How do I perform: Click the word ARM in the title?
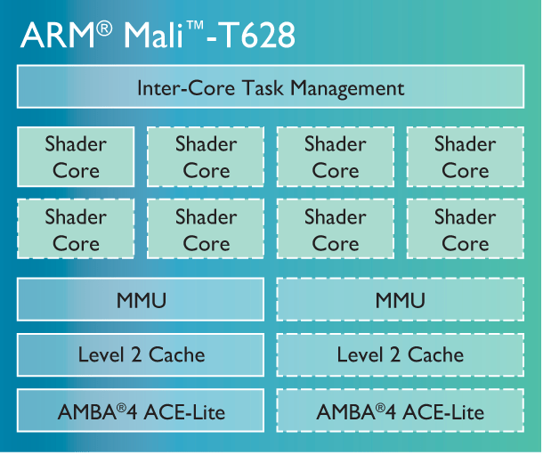(x=58, y=35)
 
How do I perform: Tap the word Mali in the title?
(x=153, y=35)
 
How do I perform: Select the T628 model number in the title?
(x=256, y=35)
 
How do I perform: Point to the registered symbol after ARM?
(x=104, y=28)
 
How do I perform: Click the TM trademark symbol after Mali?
(x=195, y=26)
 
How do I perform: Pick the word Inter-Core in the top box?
(x=186, y=88)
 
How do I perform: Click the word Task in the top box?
(x=263, y=88)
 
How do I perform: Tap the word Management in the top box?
(x=347, y=89)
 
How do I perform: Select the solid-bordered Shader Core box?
(x=76, y=157)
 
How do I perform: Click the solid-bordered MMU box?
(x=141, y=299)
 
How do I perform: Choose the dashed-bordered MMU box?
(x=401, y=299)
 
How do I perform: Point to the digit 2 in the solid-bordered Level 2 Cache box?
(x=136, y=355)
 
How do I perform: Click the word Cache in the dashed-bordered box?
(x=435, y=354)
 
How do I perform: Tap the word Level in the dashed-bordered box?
(x=361, y=354)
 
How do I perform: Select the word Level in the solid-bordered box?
(x=101, y=354)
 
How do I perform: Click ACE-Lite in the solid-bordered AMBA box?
(x=184, y=412)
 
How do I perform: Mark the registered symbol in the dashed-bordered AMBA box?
(x=380, y=408)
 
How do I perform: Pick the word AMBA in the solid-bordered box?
(x=87, y=412)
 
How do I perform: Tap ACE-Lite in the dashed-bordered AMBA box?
(x=443, y=412)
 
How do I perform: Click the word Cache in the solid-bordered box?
(x=177, y=354)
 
